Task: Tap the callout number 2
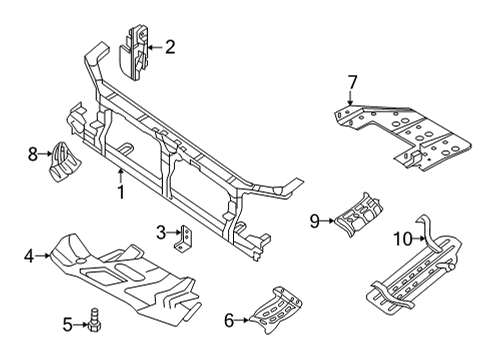click(x=169, y=45)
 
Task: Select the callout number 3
click(x=160, y=233)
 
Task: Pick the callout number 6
click(x=229, y=321)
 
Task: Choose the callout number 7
click(x=352, y=81)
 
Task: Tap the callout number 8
click(x=32, y=153)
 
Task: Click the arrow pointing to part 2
click(x=153, y=45)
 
